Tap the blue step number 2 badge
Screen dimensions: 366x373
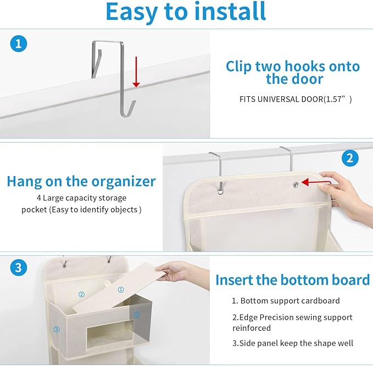point(350,158)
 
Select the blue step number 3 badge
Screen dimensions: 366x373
point(19,268)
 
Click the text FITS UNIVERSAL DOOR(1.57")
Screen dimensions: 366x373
point(295,100)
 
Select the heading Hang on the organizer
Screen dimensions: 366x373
point(81,182)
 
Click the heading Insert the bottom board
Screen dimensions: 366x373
point(292,280)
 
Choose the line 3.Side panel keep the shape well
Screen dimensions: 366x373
point(293,343)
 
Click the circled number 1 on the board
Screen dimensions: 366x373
point(121,289)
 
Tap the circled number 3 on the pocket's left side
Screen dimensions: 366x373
point(57,329)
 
